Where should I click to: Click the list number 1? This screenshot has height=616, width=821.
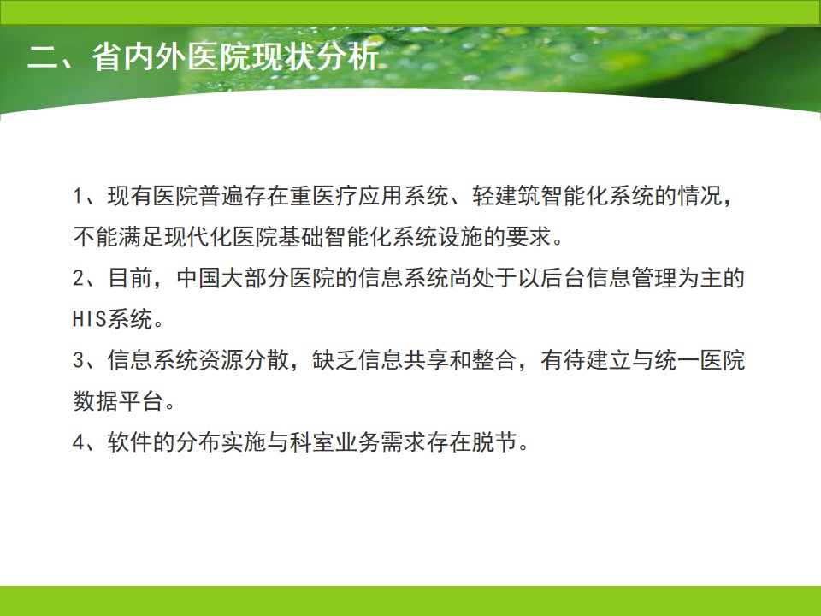(78, 197)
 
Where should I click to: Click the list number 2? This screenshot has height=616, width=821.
(78, 278)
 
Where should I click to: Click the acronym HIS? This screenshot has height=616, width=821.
(90, 319)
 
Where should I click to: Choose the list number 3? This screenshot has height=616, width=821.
(78, 360)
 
